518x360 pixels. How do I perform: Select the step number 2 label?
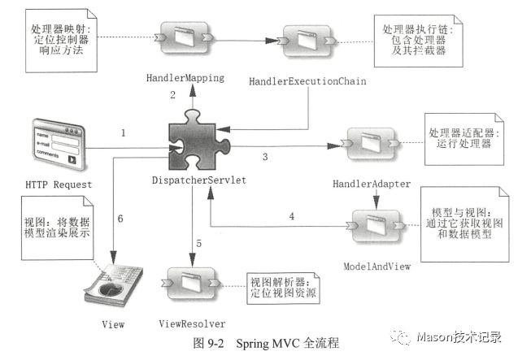click(172, 95)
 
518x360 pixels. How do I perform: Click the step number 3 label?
click(265, 157)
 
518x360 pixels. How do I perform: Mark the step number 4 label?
click(291, 216)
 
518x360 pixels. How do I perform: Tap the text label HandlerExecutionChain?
click(309, 81)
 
